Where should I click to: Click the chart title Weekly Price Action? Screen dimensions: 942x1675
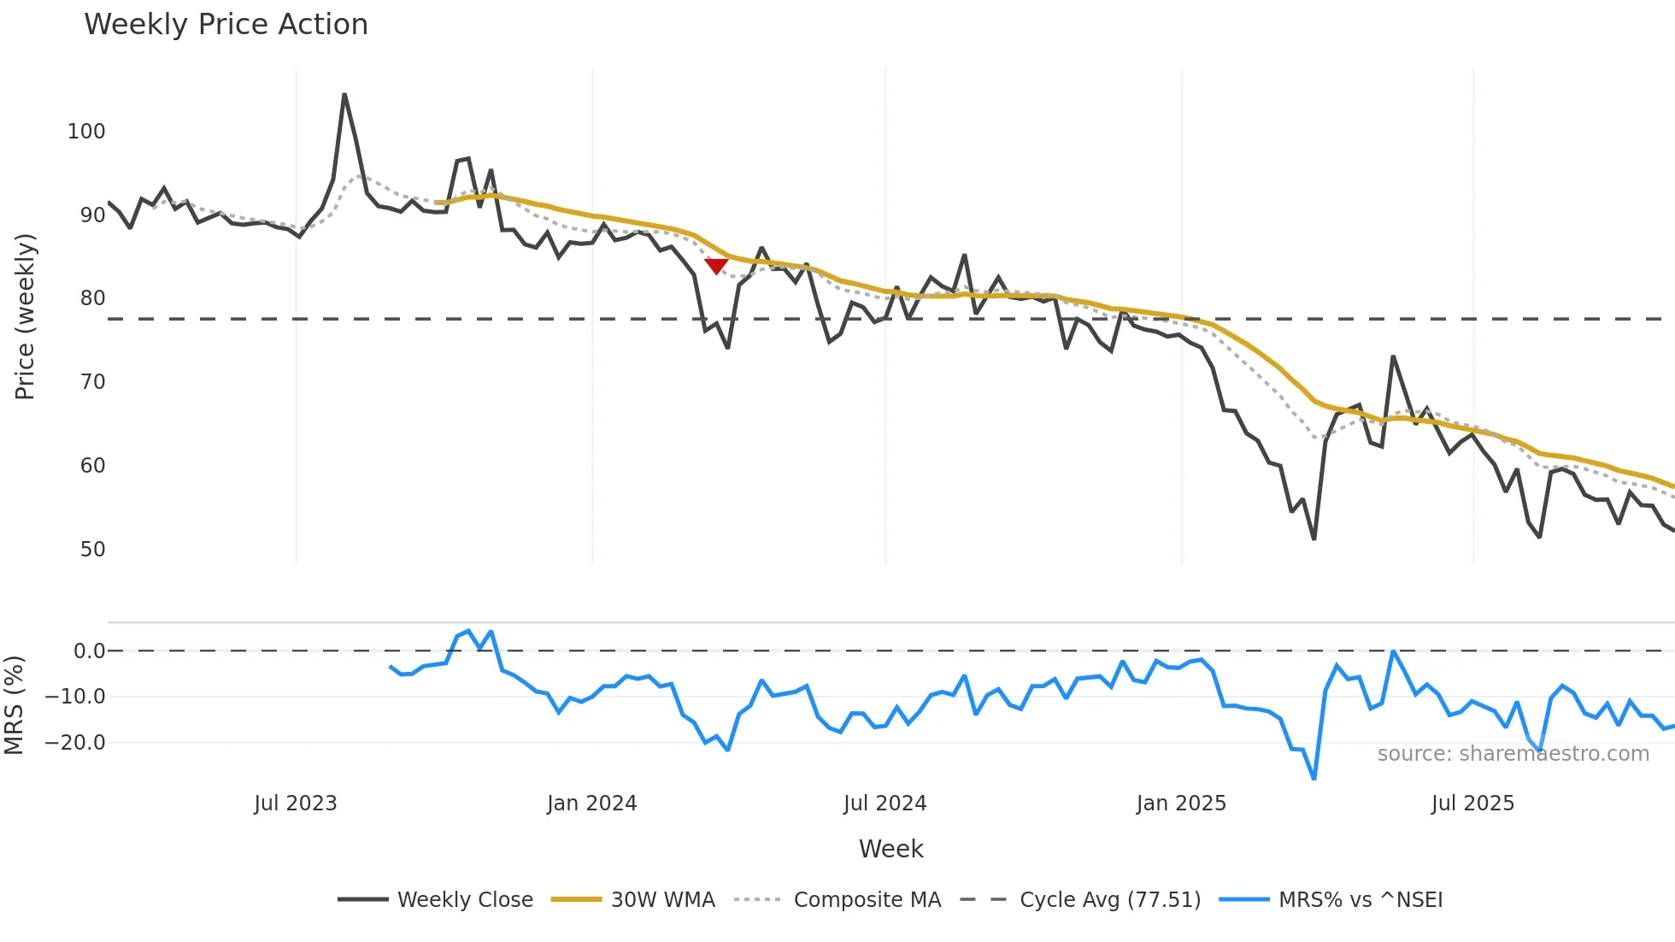tap(226, 25)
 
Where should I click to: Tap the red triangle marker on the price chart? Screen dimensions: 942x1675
tap(716, 266)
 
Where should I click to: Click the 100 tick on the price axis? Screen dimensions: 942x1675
tap(86, 132)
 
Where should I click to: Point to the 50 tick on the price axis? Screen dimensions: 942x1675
tap(92, 550)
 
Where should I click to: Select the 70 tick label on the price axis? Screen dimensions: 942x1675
tap(92, 382)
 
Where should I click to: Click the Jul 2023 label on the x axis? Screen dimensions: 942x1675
tap(296, 804)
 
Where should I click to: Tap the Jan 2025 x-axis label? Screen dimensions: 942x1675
tap(1181, 804)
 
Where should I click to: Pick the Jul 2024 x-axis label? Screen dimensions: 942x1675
tap(885, 804)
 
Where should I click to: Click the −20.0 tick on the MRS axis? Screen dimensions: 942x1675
tap(75, 743)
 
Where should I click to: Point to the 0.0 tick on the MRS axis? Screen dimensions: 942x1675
tap(89, 651)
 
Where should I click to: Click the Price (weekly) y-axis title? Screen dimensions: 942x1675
tap(25, 316)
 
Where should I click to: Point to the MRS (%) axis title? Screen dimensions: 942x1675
tap(14, 705)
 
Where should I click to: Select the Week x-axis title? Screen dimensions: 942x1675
tap(890, 849)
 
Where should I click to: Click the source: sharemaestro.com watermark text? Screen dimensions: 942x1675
tap(1513, 754)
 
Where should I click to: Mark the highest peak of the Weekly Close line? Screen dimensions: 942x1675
tap(344, 94)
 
